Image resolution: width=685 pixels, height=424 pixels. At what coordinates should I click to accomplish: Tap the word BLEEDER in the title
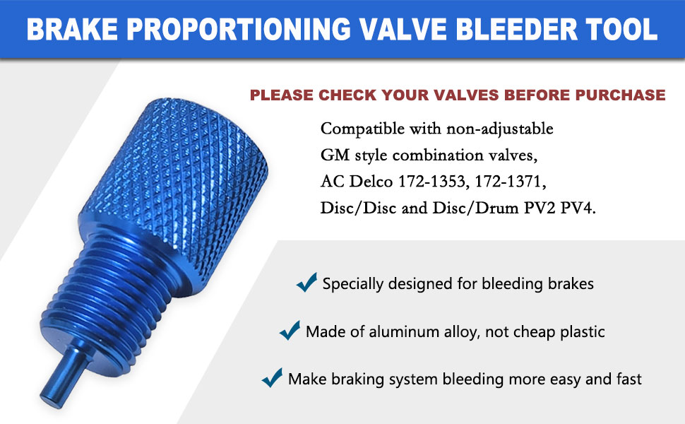point(508,29)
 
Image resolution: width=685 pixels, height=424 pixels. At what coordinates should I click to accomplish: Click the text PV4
point(581,210)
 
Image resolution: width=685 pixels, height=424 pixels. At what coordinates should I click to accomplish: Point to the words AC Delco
point(353,183)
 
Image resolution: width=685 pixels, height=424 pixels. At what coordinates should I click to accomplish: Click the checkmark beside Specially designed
point(306,283)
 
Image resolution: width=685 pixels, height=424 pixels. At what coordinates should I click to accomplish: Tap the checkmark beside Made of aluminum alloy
point(290,330)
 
